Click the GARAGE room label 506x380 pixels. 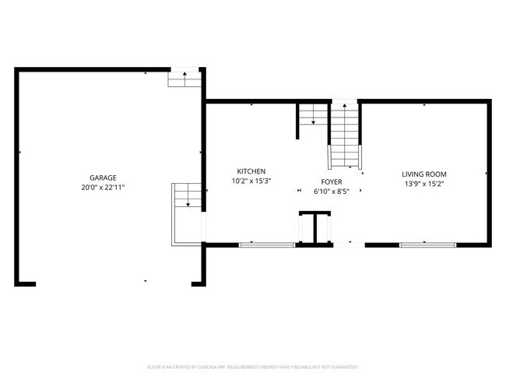pos(103,178)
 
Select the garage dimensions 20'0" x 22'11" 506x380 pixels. pos(103,188)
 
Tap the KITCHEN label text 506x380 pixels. pos(251,171)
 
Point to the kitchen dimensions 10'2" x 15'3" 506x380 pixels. pos(251,181)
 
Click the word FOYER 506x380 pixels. pos(331,181)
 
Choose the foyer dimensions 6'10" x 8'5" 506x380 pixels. pos(331,191)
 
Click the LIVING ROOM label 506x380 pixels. pos(424,174)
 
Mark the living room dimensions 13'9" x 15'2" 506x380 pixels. pos(424,185)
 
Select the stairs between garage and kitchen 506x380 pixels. pos(187,196)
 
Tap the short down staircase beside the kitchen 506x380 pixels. pos(309,121)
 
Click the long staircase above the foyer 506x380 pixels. pos(344,136)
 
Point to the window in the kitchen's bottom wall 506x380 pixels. pos(266,245)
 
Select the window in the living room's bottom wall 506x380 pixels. pos(427,245)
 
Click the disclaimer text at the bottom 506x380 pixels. pos(252,366)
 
